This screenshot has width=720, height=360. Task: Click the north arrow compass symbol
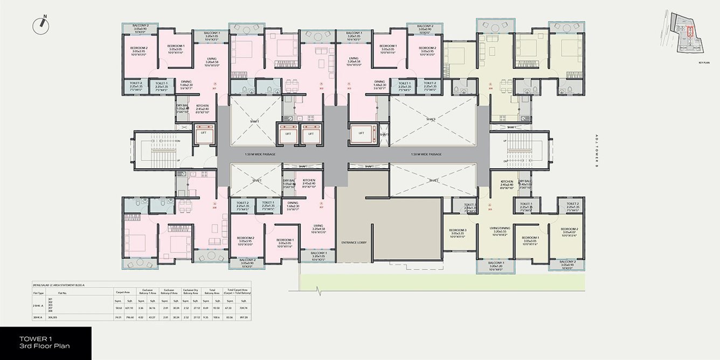coord(40,23)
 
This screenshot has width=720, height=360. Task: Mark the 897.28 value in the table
coord(245,318)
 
